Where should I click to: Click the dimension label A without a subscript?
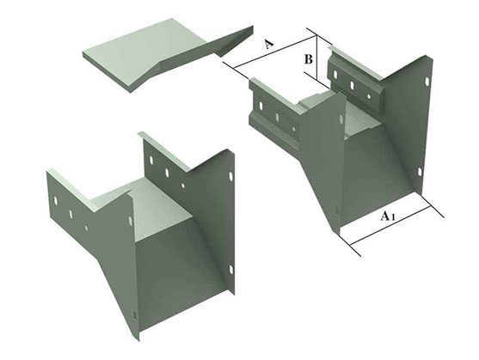pos(268,44)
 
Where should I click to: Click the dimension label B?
pos(309,59)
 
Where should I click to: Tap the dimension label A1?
pos(387,216)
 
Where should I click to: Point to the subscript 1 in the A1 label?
pos(393,217)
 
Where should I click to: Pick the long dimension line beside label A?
pos(274,52)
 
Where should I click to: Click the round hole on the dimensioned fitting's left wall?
pos(293,129)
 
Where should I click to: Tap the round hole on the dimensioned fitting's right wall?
pos(368,96)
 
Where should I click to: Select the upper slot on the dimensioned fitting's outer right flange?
pos(427,82)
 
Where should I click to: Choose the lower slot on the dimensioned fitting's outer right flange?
pos(420,173)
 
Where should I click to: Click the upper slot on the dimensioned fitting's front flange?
pos(341,119)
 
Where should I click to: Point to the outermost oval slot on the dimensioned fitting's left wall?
pos(261,106)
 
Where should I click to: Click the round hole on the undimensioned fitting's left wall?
pos(87,228)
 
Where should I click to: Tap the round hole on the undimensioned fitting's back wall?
pos(182,185)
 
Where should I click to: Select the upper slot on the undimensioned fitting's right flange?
pos(230,176)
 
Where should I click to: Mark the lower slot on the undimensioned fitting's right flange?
pos(230,269)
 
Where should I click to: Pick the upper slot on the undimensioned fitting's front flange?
pos(131,220)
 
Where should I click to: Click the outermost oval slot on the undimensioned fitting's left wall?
pos(56,200)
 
